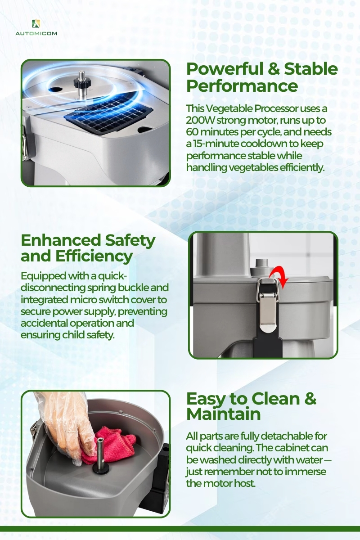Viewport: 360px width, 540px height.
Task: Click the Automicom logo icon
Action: [36, 23]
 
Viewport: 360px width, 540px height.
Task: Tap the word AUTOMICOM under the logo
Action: [36, 33]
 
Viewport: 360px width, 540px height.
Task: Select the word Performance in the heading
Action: [242, 86]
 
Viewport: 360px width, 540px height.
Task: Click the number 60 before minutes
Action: [192, 132]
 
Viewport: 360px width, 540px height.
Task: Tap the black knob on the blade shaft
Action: [82, 82]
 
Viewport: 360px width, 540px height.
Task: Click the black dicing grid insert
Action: [108, 117]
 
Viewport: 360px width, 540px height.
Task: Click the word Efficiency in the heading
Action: [94, 256]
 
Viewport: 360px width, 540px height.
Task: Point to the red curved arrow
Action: [279, 278]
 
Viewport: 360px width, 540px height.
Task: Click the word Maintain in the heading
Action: [224, 414]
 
